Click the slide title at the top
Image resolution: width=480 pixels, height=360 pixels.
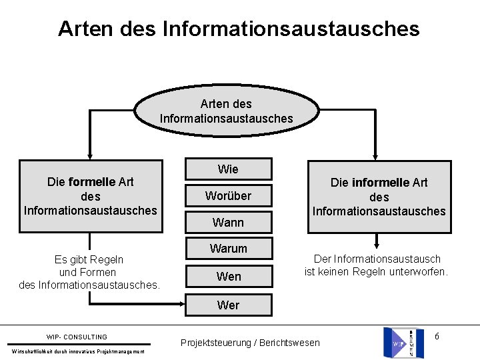[239, 29]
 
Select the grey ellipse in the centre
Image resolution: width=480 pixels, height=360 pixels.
[227, 111]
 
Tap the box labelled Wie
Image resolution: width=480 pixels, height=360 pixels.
[228, 169]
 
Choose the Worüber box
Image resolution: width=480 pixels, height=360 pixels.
[228, 196]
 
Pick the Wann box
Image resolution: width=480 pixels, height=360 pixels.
[228, 222]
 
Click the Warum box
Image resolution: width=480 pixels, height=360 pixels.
[228, 249]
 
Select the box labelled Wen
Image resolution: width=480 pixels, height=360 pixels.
[228, 276]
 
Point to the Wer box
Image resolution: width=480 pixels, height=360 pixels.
[228, 305]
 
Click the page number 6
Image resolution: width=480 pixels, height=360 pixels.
[437, 336]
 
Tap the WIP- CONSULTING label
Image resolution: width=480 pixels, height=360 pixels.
[77, 337]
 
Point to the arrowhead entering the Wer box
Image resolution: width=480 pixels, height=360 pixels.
[180, 305]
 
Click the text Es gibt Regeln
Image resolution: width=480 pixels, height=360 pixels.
[89, 259]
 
